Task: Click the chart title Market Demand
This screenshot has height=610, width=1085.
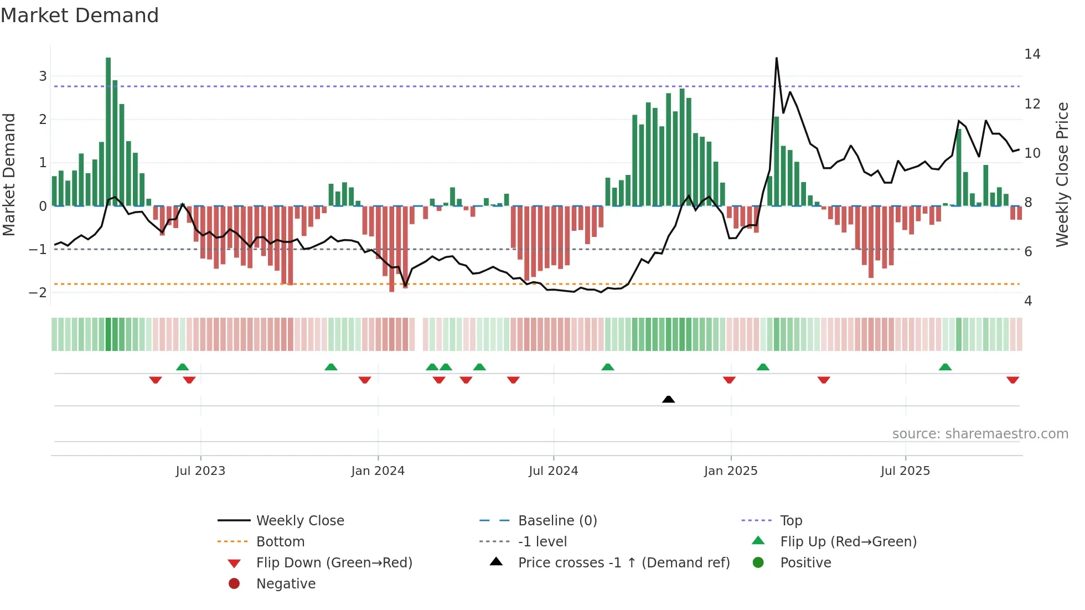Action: coord(80,15)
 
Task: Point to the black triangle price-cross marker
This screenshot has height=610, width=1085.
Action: coord(668,399)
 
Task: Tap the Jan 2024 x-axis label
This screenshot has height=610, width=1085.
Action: coord(378,471)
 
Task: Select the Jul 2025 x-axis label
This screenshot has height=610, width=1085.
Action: coord(905,471)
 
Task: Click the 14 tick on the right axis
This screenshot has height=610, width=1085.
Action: coord(1032,54)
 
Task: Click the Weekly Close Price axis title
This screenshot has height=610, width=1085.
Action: coord(1062,174)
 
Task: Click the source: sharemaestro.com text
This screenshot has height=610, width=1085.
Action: coord(980,434)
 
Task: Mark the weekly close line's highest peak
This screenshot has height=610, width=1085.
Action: coord(776,58)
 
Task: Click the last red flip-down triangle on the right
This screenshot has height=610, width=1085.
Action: coord(1012,380)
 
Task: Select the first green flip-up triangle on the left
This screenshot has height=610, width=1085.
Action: coord(182,366)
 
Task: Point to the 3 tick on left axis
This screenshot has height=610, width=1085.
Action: coord(43,76)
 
